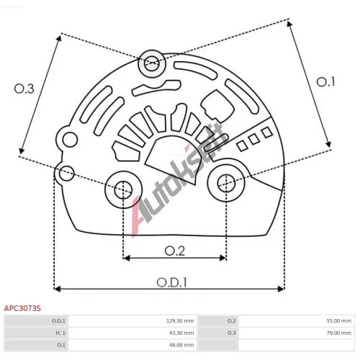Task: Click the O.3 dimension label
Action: click(24, 89)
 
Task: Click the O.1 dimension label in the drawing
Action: click(325, 82)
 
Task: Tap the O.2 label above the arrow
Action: click(175, 251)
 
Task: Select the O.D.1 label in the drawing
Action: click(171, 282)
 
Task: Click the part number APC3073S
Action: click(22, 308)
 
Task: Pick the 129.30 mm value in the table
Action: click(180, 321)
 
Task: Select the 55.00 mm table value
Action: click(338, 321)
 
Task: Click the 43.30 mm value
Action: click(181, 333)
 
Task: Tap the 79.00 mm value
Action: click(338, 333)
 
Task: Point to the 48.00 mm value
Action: click(181, 345)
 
